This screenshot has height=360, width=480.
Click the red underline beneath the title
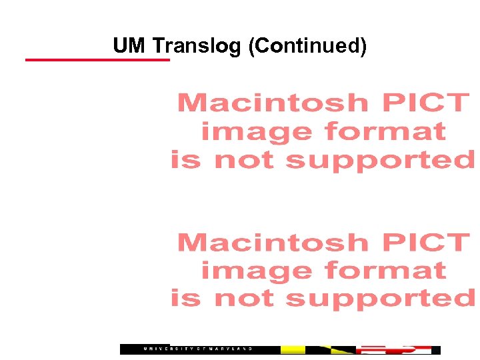(97, 60)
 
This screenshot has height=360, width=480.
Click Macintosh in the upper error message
(273, 103)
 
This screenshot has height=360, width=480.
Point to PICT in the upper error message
(425, 103)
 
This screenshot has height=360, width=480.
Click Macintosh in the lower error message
(273, 243)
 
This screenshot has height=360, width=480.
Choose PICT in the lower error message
(425, 243)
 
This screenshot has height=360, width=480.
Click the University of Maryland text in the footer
(200, 349)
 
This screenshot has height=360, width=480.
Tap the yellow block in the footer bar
(293, 349)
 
